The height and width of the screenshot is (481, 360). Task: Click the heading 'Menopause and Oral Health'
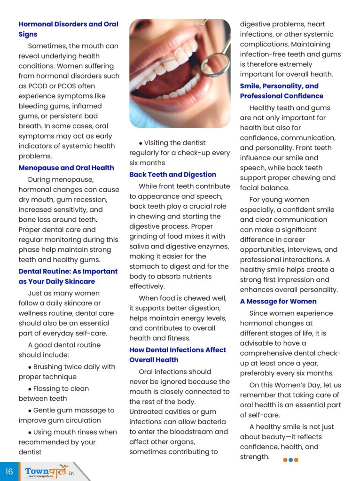click(x=66, y=168)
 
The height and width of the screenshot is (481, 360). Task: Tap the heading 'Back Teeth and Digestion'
click(x=173, y=174)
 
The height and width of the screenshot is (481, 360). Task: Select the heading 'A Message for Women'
click(x=278, y=301)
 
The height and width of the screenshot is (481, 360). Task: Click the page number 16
click(x=9, y=471)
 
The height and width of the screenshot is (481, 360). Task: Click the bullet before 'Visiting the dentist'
click(x=141, y=143)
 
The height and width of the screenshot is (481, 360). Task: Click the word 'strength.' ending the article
click(x=255, y=457)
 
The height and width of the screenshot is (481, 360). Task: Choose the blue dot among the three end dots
click(x=290, y=460)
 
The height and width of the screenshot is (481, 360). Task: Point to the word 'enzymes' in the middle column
click(x=214, y=247)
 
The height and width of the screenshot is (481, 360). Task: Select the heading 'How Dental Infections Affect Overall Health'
click(x=178, y=355)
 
